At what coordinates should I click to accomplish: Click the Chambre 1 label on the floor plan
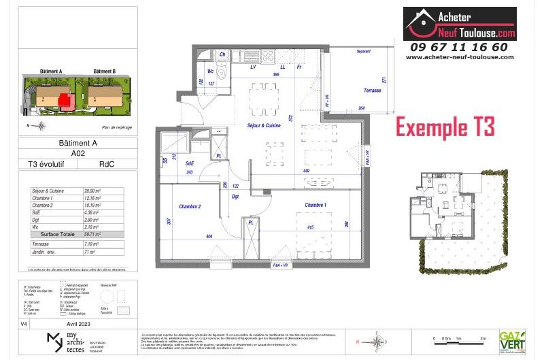[x=316, y=205]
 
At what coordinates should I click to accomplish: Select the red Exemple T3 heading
[x=445, y=127]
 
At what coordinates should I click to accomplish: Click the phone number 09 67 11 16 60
[x=459, y=47]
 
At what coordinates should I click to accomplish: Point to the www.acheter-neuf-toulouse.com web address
[x=459, y=58]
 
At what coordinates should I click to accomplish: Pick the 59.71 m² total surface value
[x=92, y=233]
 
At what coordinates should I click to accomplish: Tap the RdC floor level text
[x=107, y=164]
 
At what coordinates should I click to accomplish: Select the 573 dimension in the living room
[x=290, y=118]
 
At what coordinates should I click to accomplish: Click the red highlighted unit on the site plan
[x=66, y=101]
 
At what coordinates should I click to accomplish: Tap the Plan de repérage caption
[x=116, y=127]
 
